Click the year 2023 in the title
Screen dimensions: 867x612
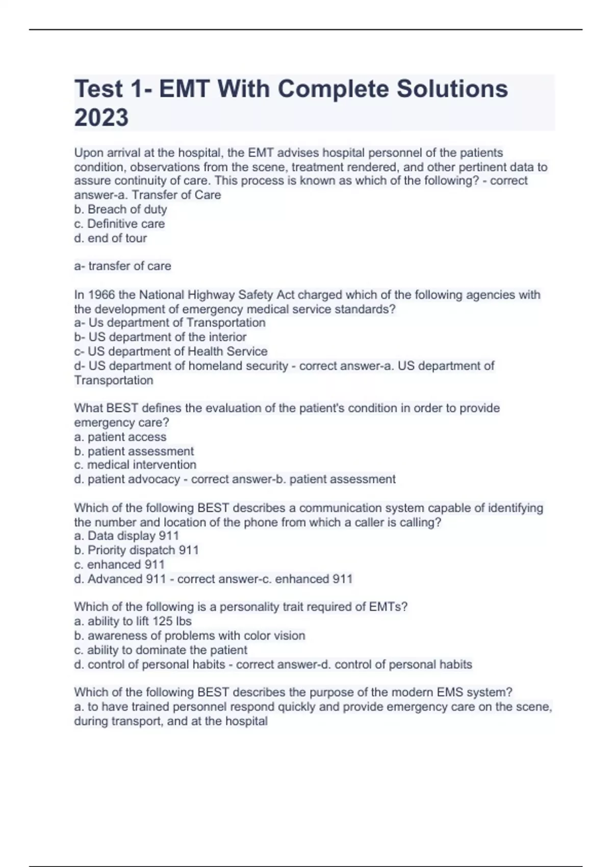pyautogui.click(x=101, y=117)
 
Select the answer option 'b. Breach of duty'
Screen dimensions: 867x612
pyautogui.click(x=120, y=209)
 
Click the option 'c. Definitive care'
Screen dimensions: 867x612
pyautogui.click(x=119, y=223)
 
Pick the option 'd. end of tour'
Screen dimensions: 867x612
pyautogui.click(x=110, y=238)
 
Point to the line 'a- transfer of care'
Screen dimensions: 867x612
pyautogui.click(x=122, y=266)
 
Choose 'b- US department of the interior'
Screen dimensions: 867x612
pyautogui.click(x=160, y=337)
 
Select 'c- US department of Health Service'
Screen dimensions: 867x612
pyautogui.click(x=170, y=351)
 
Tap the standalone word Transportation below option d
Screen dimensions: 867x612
pyautogui.click(x=113, y=380)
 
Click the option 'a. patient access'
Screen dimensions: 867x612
pyautogui.click(x=120, y=437)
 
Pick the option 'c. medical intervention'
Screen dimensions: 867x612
pyautogui.click(x=135, y=465)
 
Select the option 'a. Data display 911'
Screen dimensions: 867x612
pyautogui.click(x=126, y=535)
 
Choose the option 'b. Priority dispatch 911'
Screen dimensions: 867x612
pyautogui.click(x=136, y=550)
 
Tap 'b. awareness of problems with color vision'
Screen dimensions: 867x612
pyautogui.click(x=189, y=635)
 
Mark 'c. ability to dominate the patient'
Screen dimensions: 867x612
pyautogui.click(x=161, y=650)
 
